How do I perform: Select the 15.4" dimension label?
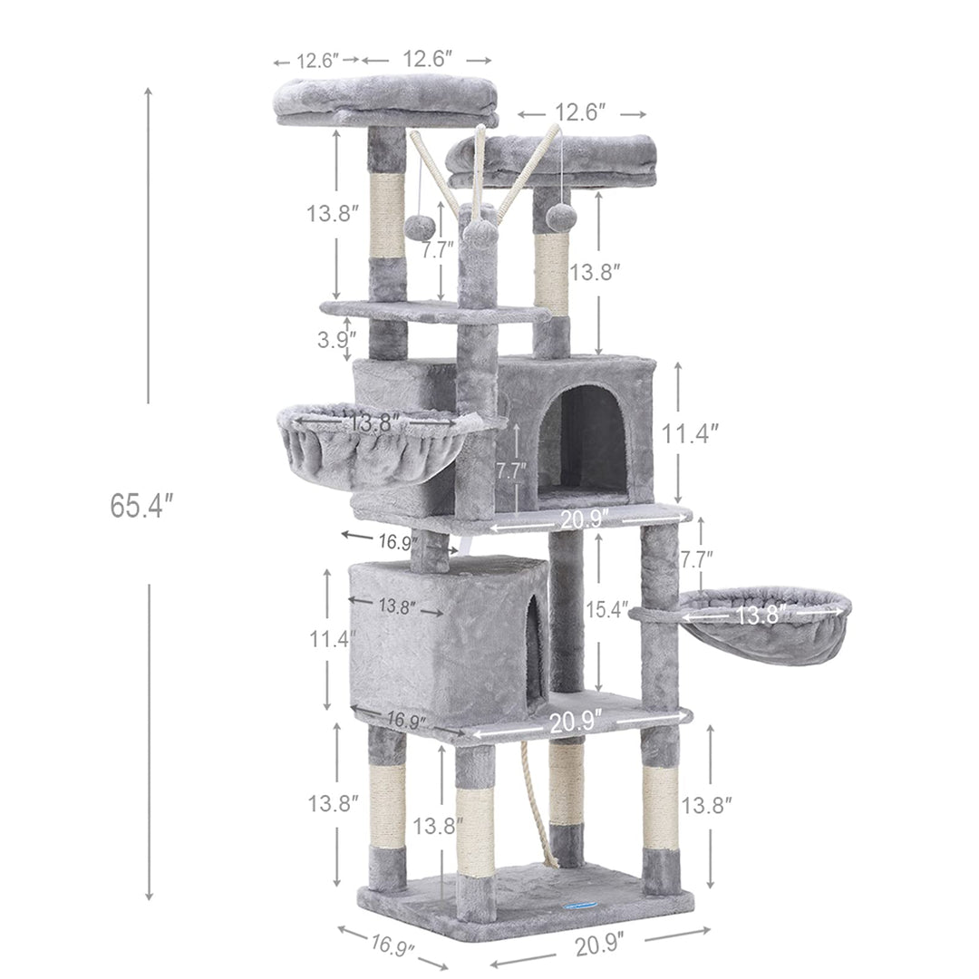606,609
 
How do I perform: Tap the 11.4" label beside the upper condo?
689,433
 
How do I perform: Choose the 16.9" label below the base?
393,944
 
